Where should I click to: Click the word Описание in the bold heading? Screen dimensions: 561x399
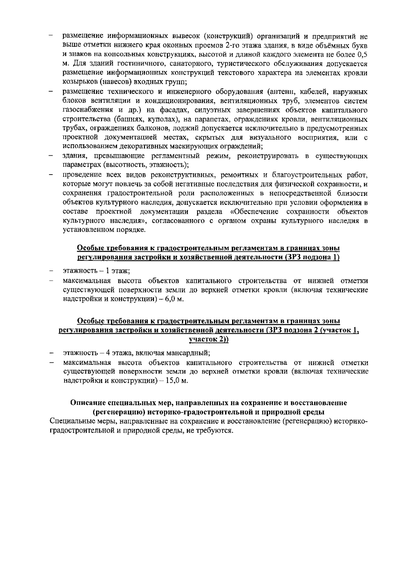point(87,403)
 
